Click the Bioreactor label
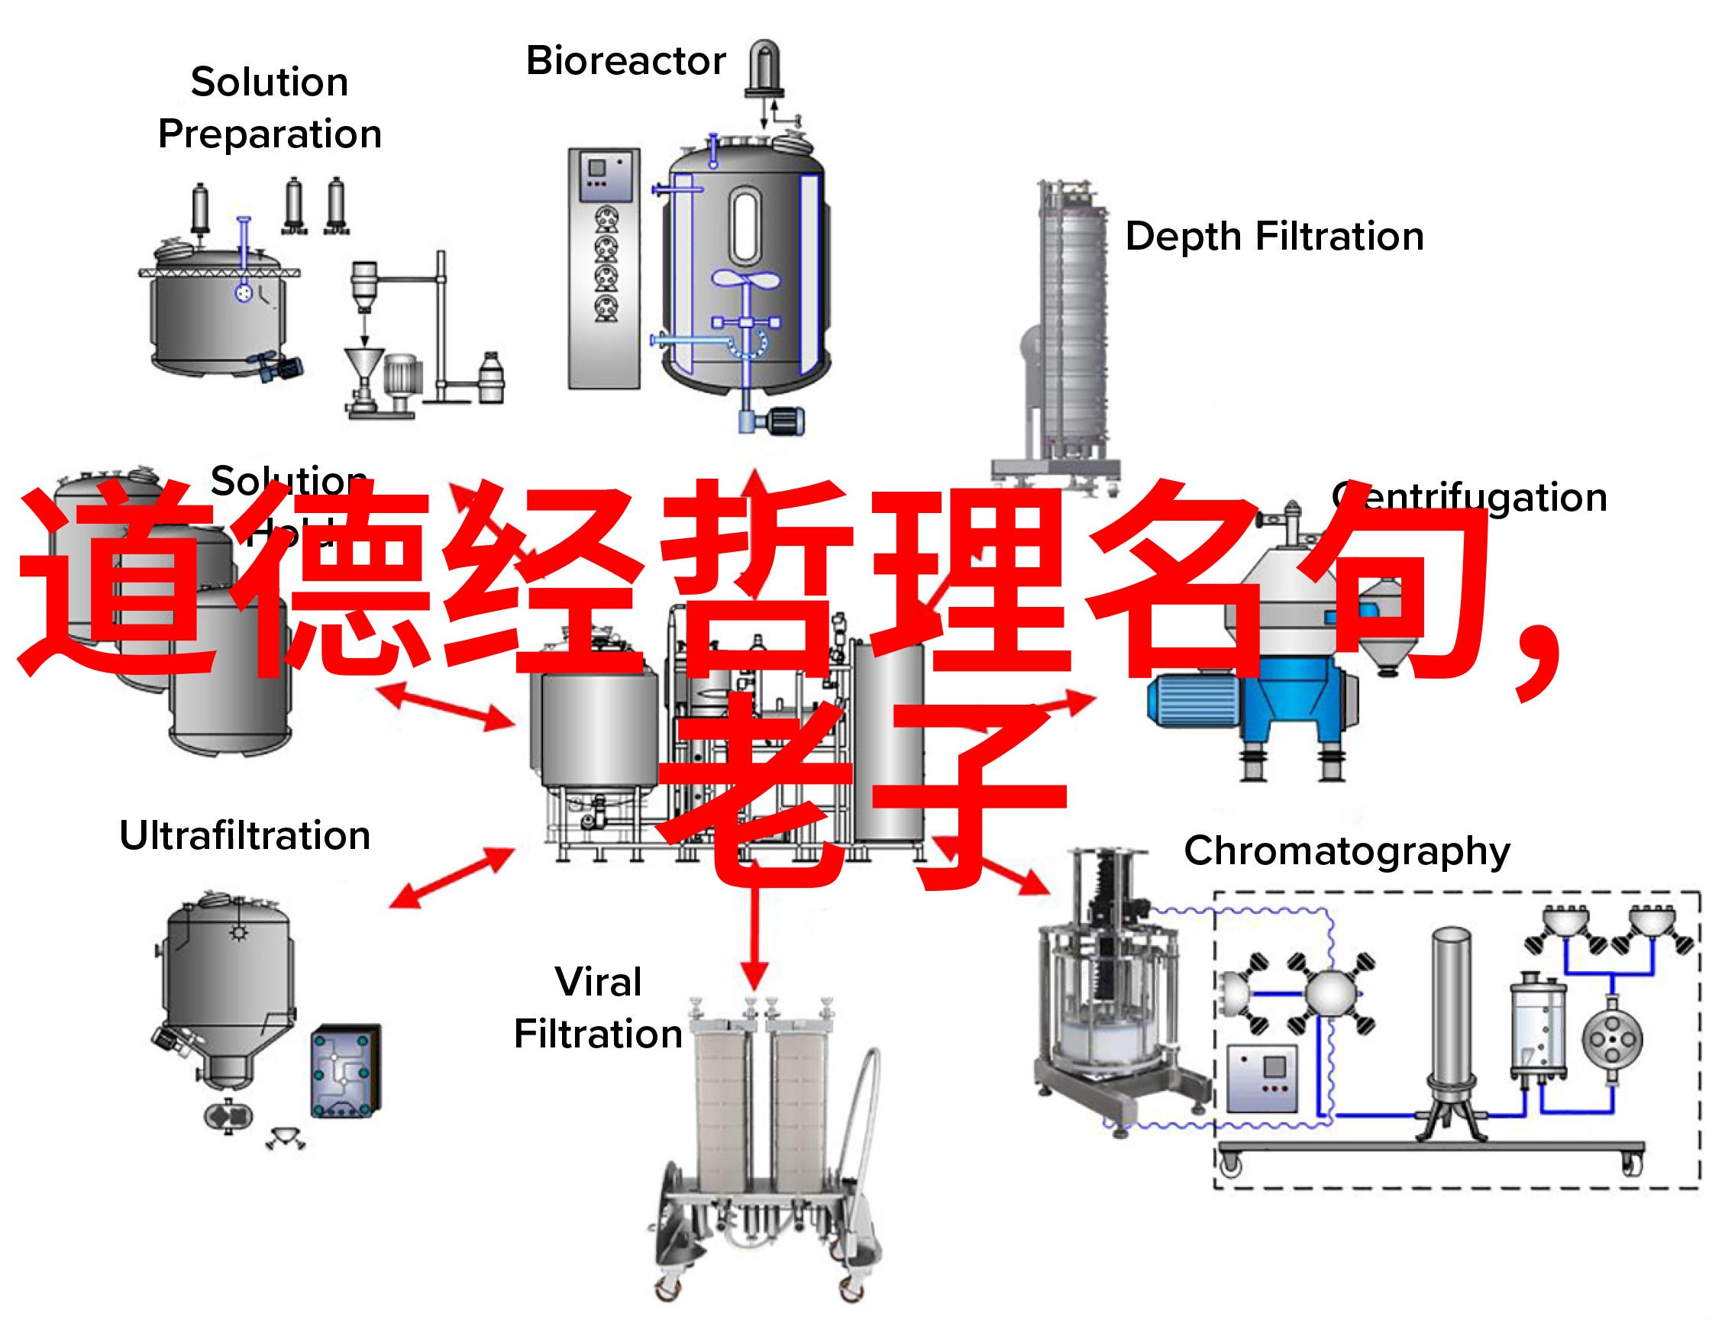(625, 61)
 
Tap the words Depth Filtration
(1274, 237)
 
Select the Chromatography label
(1347, 851)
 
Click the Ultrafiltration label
(244, 835)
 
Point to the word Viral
(598, 982)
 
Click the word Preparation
(270, 134)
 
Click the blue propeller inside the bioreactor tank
(745, 279)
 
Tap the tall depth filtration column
(1074, 330)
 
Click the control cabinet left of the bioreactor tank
(603, 267)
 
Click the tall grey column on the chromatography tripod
(1450, 1014)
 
